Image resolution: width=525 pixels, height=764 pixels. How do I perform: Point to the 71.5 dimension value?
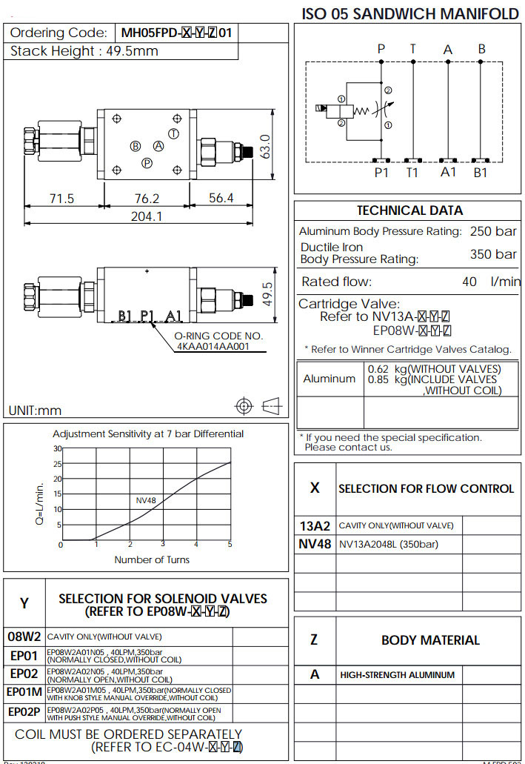pos(61,198)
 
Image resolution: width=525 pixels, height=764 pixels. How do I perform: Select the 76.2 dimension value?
pos(147,198)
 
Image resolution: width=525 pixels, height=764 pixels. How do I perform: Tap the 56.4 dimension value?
pos(221,198)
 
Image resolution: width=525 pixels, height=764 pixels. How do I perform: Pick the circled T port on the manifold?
pos(173,133)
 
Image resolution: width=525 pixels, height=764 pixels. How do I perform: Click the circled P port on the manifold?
pos(147,163)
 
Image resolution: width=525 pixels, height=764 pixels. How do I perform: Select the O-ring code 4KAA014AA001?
pos(213,346)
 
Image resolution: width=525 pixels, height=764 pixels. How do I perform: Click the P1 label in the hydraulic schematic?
pos(381,173)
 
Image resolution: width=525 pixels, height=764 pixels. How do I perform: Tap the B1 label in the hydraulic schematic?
pos(481,173)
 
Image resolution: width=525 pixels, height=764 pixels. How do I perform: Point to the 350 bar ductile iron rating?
pos(493,254)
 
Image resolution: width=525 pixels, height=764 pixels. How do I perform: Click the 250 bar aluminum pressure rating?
pos(493,231)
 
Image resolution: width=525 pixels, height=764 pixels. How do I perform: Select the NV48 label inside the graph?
pos(146,500)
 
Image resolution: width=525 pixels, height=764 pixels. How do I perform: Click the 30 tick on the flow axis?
pos(58,448)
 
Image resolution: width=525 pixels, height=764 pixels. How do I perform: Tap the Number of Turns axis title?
pos(152,559)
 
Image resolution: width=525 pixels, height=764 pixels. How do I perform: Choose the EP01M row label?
pos(24,692)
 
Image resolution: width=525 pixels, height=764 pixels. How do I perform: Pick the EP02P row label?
pos(24,711)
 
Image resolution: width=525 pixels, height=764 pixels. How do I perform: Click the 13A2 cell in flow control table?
pos(315,526)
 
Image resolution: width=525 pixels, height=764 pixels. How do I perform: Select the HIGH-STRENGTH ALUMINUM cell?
pos(397,675)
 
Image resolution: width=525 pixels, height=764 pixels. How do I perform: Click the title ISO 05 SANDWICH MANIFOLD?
pos(410,14)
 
